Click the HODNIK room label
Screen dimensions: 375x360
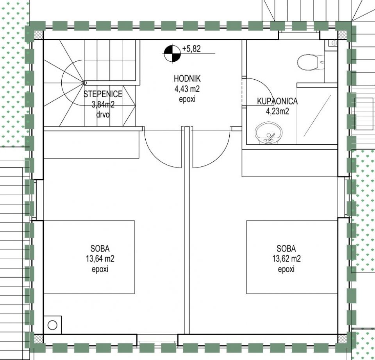pos(187,78)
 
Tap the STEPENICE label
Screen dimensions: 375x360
pos(103,94)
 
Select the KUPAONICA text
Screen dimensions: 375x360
pos(277,102)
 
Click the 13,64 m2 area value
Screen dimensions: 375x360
pos(100,259)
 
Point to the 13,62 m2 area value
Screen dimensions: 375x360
pos(286,259)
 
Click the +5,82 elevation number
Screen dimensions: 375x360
pos(191,49)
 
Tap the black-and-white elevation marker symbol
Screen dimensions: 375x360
pos(172,53)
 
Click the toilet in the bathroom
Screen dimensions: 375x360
pos(311,62)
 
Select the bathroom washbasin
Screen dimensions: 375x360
pos(269,133)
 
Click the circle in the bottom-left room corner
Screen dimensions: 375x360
pos(52,325)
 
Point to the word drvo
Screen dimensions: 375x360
pos(103,115)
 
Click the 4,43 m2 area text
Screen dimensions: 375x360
pos(187,89)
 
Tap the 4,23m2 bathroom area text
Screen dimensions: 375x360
pos(277,111)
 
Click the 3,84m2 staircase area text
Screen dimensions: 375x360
pos(103,105)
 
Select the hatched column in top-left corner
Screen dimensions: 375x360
pos(39,34)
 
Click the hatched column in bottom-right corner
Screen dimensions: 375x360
pos(342,339)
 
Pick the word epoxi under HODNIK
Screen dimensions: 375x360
pos(187,99)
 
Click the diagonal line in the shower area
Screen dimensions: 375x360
pos(317,116)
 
